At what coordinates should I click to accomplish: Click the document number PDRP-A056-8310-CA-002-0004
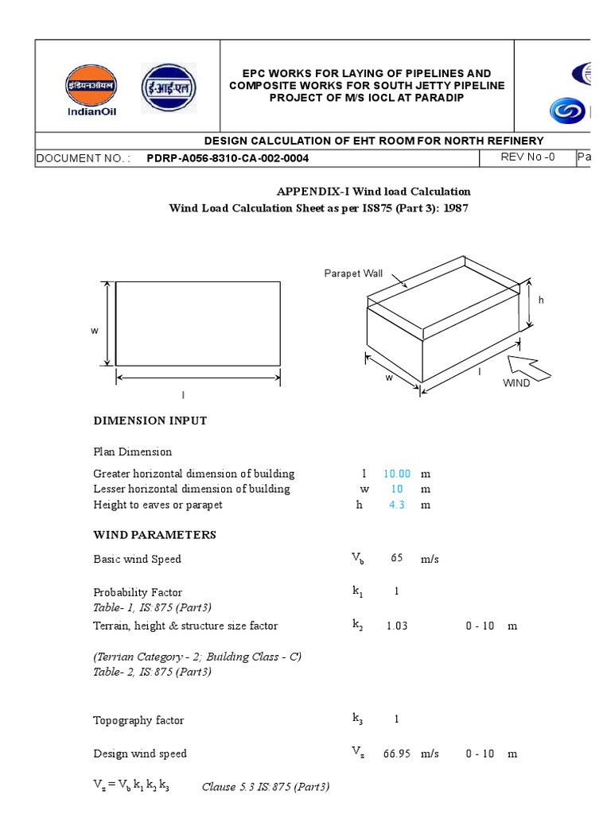pos(228,158)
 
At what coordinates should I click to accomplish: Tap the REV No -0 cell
pos(527,157)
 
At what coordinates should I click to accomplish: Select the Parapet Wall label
pos(353,273)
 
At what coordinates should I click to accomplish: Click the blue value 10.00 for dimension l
pos(396,474)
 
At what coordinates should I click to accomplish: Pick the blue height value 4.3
pos(396,506)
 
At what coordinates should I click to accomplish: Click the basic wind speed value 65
pos(396,559)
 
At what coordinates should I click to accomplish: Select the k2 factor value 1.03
pos(396,626)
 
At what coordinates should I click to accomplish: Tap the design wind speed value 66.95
pos(396,754)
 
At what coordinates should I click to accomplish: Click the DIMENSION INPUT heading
pos(150,421)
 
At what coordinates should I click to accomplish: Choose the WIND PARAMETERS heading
pos(154,535)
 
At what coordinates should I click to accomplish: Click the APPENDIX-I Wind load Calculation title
pos(373,192)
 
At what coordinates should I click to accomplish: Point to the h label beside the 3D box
pos(541,300)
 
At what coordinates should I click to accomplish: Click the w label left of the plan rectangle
pos(95,331)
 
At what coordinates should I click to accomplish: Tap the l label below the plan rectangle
pos(183,395)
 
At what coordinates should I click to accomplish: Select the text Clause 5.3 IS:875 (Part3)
pos(266,787)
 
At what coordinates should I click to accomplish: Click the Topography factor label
pos(138,720)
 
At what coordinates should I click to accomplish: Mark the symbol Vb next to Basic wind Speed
pos(358,559)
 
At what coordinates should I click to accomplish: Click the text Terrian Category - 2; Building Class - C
pos(197,657)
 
